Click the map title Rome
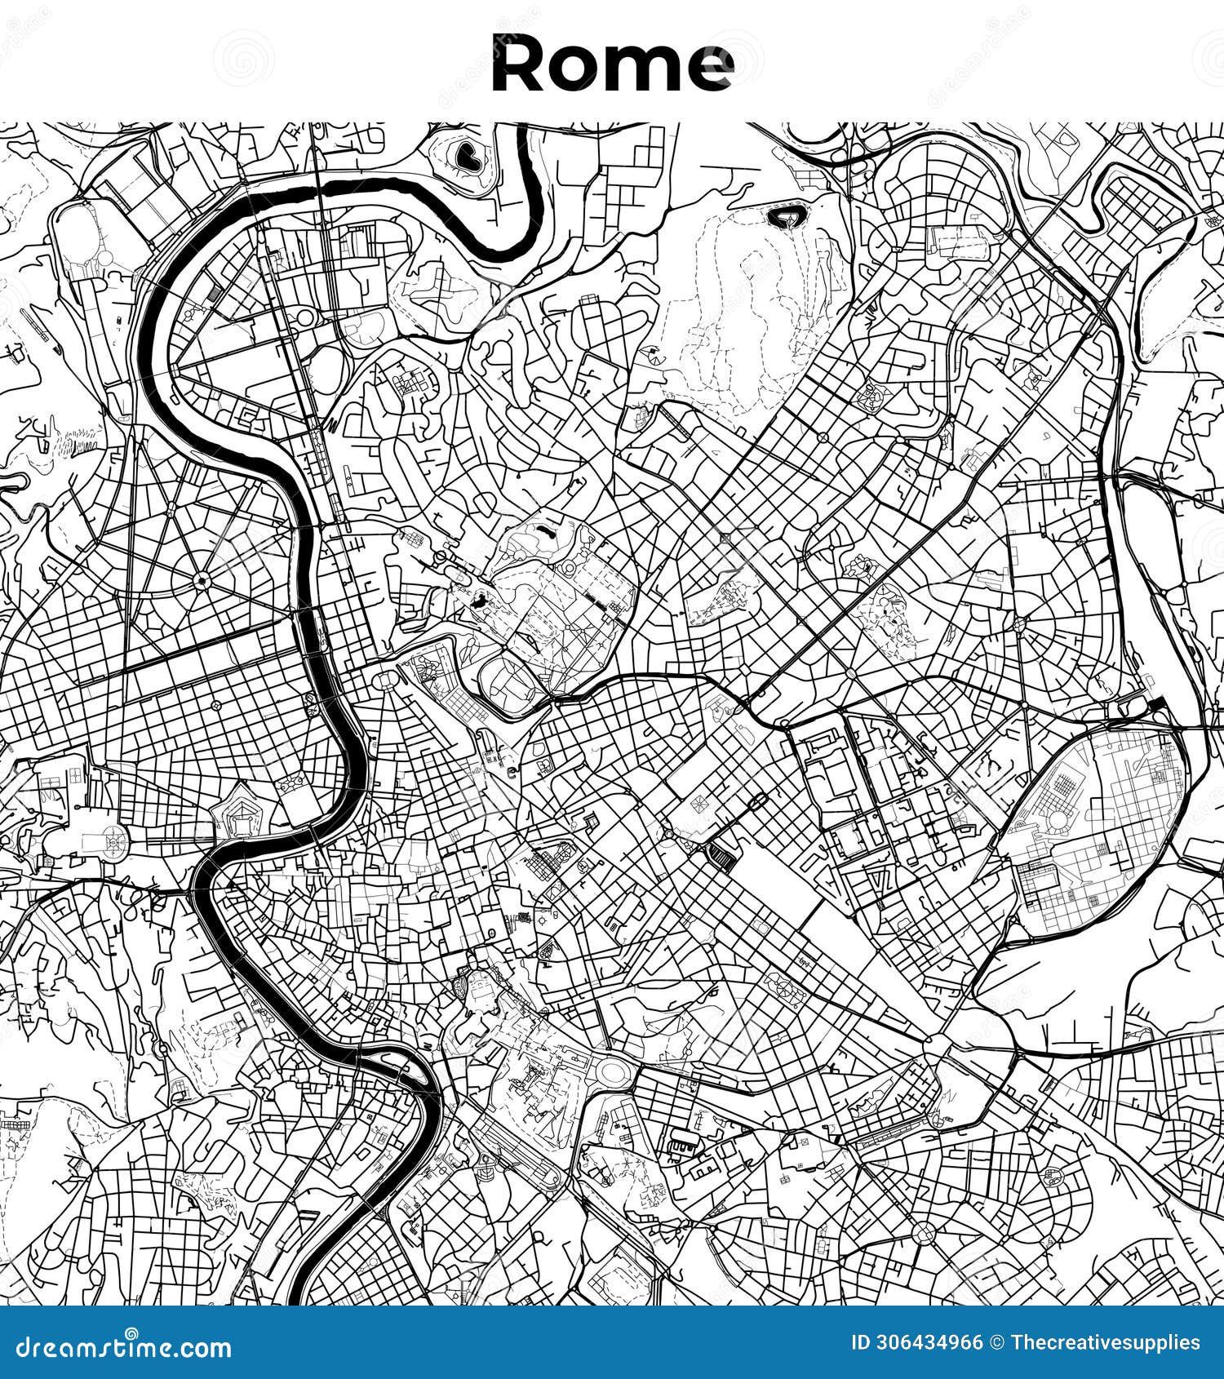tap(612, 64)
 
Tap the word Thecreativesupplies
tap(1106, 1343)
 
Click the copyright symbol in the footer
tap(996, 1343)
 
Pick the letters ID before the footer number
tap(861, 1343)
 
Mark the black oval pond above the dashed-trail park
tap(784, 217)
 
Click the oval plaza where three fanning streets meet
tap(383, 679)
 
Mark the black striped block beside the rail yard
tap(721, 855)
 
